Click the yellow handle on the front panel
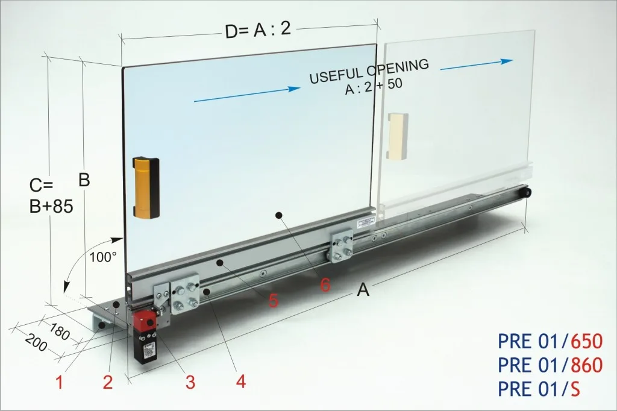tap(146, 187)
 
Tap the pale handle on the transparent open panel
tap(398, 136)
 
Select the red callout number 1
tap(60, 382)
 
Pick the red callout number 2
tap(108, 382)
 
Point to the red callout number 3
tap(190, 382)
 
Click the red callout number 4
tap(241, 381)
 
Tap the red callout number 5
tap(274, 300)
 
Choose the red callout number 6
tap(325, 284)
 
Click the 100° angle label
tap(103, 257)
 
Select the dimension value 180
tap(60, 331)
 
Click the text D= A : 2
tap(258, 30)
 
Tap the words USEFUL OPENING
tap(369, 71)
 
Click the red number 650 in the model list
tap(586, 341)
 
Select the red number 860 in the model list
tap(586, 365)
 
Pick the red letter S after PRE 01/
tap(575, 389)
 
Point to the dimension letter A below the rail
tap(363, 290)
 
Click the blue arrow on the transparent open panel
tap(477, 65)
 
